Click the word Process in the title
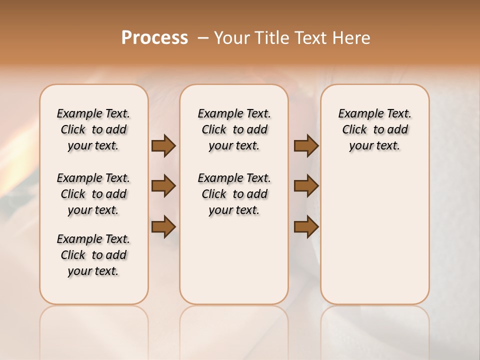[154, 37]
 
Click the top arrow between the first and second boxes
[163, 145]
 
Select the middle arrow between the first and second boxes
[163, 186]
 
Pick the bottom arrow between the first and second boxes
[163, 226]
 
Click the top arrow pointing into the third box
[306, 145]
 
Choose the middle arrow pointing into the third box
[306, 186]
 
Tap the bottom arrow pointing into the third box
[306, 226]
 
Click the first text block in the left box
[93, 129]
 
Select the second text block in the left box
[93, 194]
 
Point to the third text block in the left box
[93, 255]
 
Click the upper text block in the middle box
[234, 129]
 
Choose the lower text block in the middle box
[234, 194]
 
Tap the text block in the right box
[374, 129]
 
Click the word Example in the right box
[358, 114]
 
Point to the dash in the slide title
[203, 37]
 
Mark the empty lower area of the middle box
[234, 260]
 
